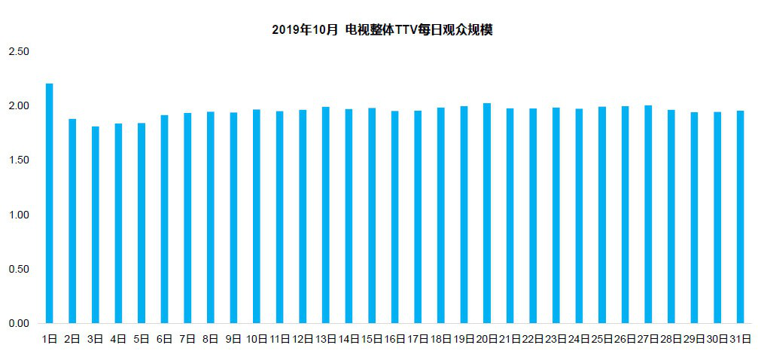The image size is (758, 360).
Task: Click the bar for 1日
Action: pyautogui.click(x=50, y=203)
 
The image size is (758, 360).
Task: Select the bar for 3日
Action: pyautogui.click(x=96, y=225)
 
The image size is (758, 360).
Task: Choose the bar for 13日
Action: pyautogui.click(x=326, y=215)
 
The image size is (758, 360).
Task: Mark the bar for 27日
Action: pyautogui.click(x=648, y=215)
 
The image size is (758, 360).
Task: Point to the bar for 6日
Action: pyautogui.click(x=165, y=219)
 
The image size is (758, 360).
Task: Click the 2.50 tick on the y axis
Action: pyautogui.click(x=18, y=51)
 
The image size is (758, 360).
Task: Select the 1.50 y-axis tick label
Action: pyautogui.click(x=18, y=160)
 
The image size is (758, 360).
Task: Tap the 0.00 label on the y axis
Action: pyautogui.click(x=18, y=324)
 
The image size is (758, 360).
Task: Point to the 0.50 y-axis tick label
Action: pyautogui.click(x=18, y=270)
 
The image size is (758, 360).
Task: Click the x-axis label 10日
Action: pyautogui.click(x=257, y=340)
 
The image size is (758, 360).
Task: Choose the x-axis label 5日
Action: pyautogui.click(x=142, y=340)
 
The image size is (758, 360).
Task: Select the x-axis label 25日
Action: pyautogui.click(x=601, y=340)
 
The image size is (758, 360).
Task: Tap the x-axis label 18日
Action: pyautogui.click(x=440, y=340)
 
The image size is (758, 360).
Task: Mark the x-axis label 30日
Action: pyautogui.click(x=717, y=340)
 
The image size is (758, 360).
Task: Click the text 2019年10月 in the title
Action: pyautogui.click(x=305, y=31)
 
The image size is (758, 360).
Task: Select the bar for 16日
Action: pyautogui.click(x=395, y=218)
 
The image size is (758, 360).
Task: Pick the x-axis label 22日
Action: pyautogui.click(x=532, y=340)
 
